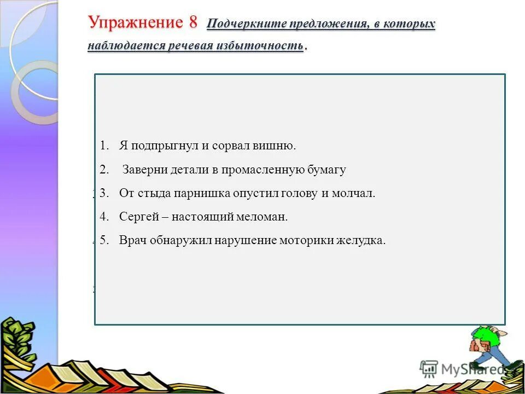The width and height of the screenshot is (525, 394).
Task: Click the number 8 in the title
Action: point(192,23)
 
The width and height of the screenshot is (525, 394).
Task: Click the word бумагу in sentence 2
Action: point(326,170)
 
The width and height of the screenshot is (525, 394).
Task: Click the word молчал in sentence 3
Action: point(356,193)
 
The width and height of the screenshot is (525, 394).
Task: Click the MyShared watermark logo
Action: point(462,369)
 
